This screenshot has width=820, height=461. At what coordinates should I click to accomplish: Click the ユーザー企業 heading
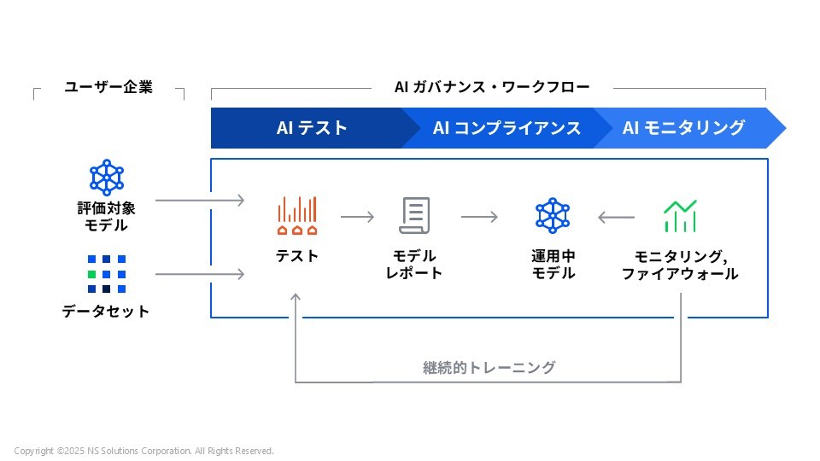pos(108,87)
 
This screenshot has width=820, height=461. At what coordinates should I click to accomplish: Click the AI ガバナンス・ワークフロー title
pos(492,87)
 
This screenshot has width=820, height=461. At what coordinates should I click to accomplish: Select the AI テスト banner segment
pos(312,128)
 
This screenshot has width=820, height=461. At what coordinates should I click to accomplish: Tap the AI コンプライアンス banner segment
pos(507,128)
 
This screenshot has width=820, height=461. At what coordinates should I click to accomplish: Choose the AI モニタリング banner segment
pos(683,128)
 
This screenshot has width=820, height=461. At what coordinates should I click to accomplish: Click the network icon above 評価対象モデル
pos(107,177)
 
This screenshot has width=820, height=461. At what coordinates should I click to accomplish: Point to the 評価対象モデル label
pos(106,217)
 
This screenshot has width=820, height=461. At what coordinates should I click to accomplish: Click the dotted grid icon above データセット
pos(107,273)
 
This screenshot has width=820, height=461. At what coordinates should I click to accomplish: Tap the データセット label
pos(106,312)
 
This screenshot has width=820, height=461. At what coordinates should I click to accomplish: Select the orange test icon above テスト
pos(296,216)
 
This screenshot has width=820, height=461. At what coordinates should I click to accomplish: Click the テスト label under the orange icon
pos(296,256)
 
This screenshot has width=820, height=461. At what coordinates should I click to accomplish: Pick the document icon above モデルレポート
pos(414,216)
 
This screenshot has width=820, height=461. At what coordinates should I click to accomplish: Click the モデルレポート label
pos(414,265)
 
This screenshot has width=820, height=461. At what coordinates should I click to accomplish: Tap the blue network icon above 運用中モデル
pos(553,216)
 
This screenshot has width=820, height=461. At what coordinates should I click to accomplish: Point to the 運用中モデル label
pos(553,265)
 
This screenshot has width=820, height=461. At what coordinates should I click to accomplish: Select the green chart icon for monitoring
pos(680,216)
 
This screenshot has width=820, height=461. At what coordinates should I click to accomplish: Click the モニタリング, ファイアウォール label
pos(680,265)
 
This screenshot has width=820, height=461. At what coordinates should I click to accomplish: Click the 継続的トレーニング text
pos(489,368)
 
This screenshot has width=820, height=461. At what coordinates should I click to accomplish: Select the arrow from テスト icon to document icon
pos(357,217)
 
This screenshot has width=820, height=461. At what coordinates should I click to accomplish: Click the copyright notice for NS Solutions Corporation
pos(143,451)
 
